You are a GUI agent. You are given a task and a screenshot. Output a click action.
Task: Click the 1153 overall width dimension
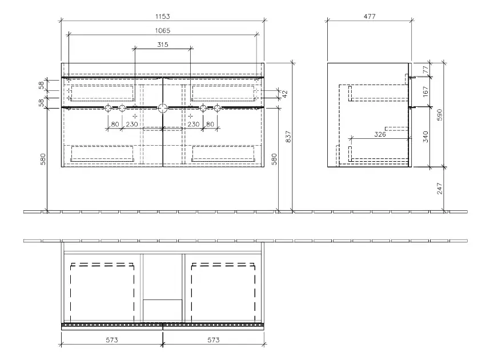(162, 17)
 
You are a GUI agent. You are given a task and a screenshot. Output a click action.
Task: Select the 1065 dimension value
(162, 30)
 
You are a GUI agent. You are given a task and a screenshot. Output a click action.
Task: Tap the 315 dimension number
(162, 45)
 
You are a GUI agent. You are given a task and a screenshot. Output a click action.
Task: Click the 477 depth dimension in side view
(369, 17)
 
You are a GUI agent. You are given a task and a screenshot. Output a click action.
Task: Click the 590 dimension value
(440, 114)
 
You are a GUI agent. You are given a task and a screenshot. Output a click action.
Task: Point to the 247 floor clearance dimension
(440, 189)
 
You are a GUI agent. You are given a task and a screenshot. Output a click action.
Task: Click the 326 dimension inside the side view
(380, 135)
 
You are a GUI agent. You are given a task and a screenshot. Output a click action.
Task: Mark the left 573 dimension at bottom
(111, 340)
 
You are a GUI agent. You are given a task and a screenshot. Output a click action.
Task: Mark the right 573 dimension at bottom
(213, 340)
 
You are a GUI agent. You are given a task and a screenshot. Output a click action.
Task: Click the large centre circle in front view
(163, 107)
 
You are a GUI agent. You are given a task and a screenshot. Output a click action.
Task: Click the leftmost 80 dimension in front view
(115, 124)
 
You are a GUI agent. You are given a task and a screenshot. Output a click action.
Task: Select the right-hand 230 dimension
(193, 124)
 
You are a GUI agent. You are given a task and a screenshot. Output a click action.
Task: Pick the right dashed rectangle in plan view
(223, 293)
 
